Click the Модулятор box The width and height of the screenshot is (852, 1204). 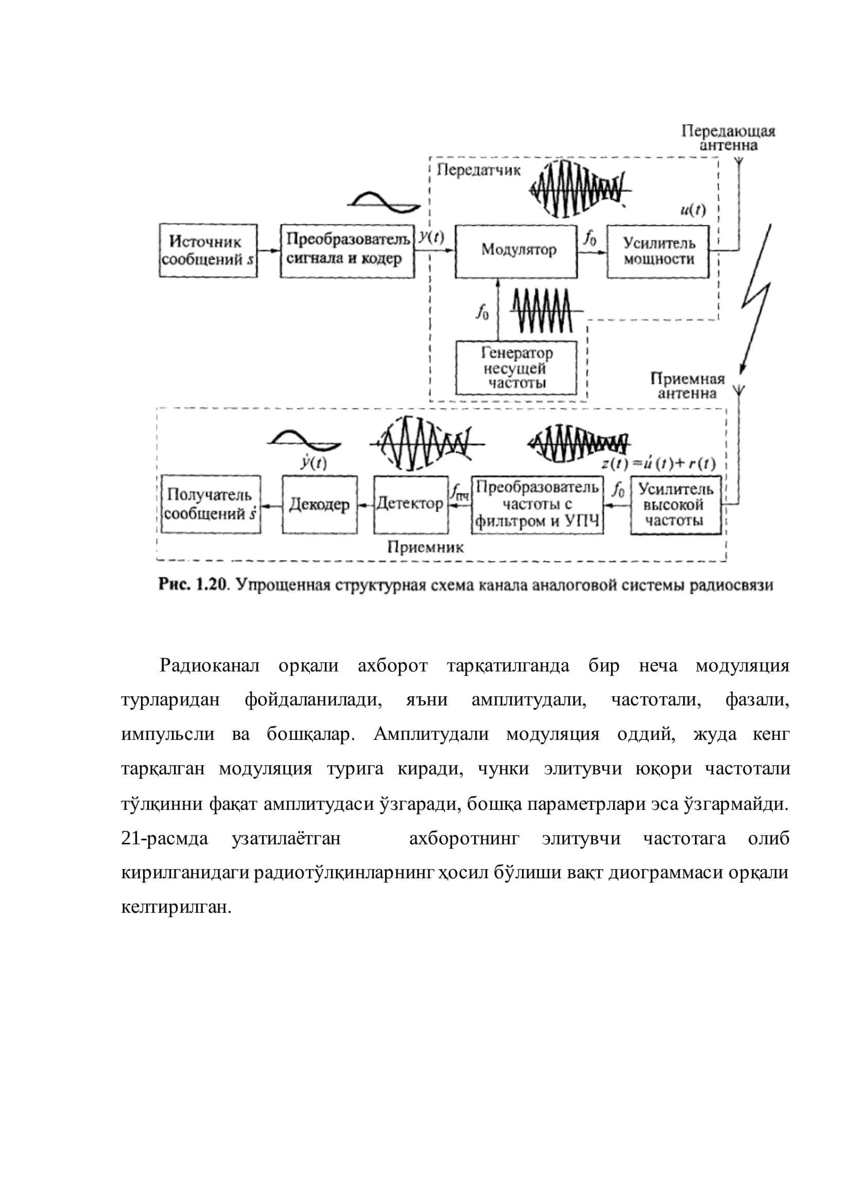(x=516, y=252)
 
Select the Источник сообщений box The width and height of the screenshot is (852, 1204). (x=208, y=251)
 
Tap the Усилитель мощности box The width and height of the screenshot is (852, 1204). (x=658, y=252)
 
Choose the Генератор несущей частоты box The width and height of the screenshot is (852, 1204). (x=516, y=367)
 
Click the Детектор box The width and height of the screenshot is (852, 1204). (x=411, y=504)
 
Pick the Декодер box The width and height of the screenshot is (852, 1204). (x=320, y=504)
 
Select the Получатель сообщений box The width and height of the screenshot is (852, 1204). (x=211, y=504)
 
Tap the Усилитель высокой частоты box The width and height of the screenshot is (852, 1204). (x=676, y=505)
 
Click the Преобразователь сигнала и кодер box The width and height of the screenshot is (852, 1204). (x=347, y=251)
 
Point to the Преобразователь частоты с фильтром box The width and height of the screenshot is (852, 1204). (x=537, y=505)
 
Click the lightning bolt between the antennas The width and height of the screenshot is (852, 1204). (x=755, y=299)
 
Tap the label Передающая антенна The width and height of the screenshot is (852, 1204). (x=728, y=138)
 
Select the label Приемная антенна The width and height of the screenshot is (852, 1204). (x=687, y=386)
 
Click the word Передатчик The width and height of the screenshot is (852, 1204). (x=478, y=170)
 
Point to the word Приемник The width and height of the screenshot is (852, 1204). (x=425, y=547)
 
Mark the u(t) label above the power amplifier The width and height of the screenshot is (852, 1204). (x=693, y=210)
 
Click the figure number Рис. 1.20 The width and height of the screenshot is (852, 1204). (x=194, y=584)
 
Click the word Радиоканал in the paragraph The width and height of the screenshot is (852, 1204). (x=210, y=665)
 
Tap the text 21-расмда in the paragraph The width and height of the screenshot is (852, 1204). (x=164, y=838)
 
